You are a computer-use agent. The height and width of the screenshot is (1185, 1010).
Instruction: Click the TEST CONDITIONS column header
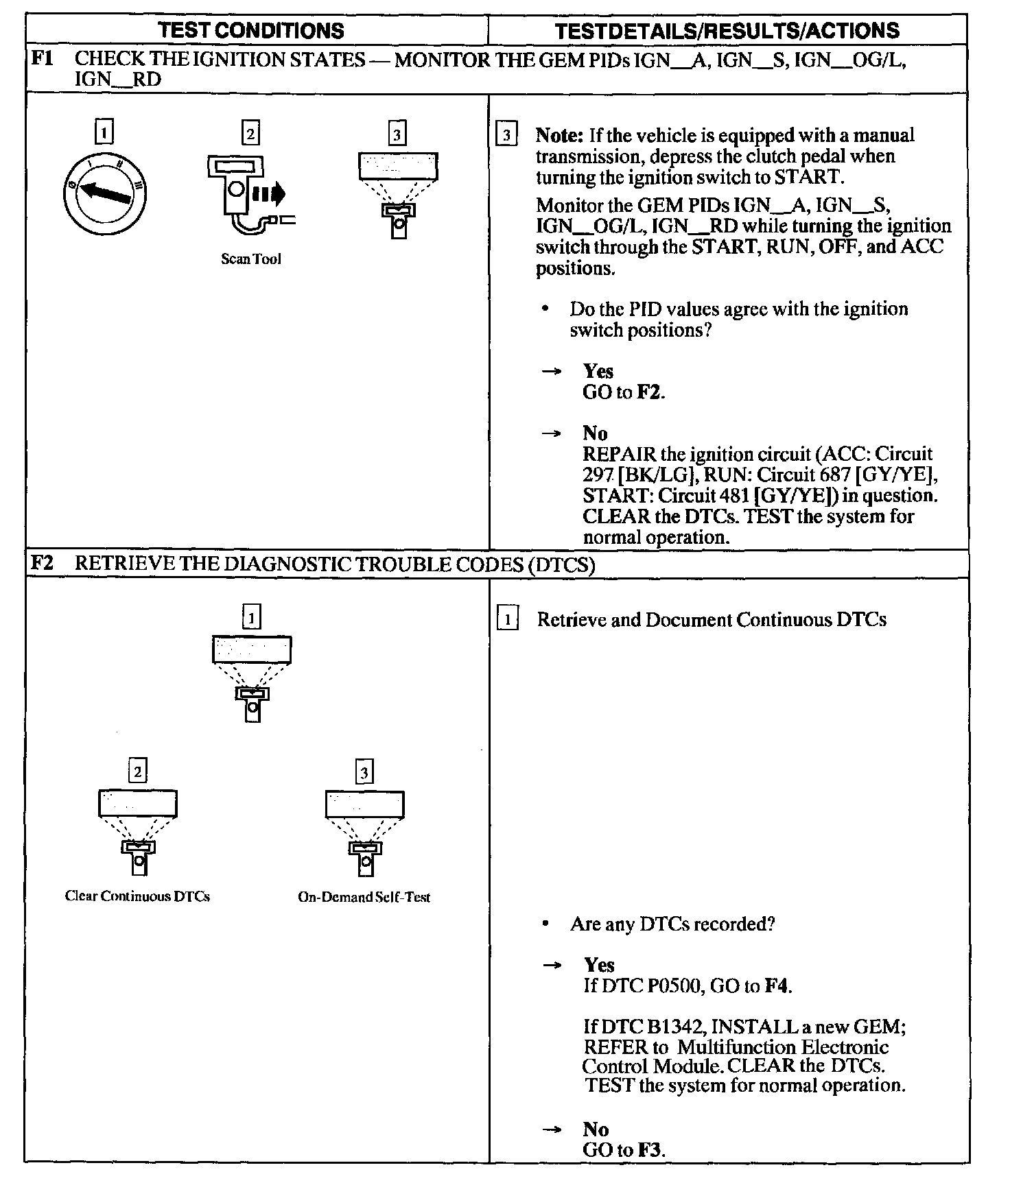(x=250, y=30)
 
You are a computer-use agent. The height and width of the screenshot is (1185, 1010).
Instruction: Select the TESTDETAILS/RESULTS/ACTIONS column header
(x=727, y=31)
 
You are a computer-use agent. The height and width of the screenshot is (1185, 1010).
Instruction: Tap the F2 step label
(x=43, y=564)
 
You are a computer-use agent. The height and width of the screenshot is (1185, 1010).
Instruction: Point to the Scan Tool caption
(x=250, y=259)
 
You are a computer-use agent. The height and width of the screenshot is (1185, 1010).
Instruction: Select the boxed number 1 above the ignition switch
(x=104, y=132)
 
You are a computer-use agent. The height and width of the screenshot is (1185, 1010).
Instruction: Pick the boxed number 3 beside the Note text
(x=506, y=135)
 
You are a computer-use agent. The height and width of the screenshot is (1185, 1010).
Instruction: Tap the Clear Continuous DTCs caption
(x=137, y=896)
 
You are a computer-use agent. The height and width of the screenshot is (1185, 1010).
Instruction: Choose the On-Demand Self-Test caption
(x=364, y=897)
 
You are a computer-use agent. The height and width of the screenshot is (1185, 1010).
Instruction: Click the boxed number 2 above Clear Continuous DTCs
(x=137, y=772)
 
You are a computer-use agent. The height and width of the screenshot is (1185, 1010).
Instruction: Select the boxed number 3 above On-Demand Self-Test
(x=364, y=773)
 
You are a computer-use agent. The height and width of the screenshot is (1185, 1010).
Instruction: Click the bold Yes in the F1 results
(x=598, y=371)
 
